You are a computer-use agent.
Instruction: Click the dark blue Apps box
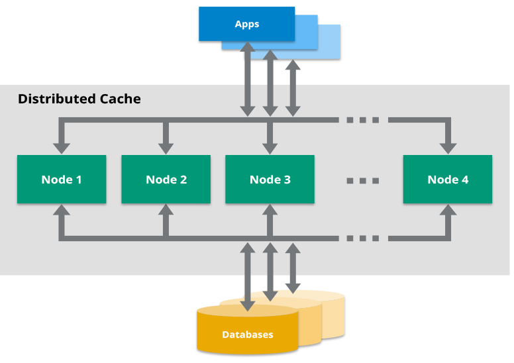[x=246, y=24]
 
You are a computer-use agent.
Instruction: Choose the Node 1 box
[x=61, y=180]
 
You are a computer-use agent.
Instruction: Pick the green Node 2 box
[x=166, y=180]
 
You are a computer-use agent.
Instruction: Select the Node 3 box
[x=270, y=180]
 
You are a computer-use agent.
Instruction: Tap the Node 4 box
[x=448, y=180]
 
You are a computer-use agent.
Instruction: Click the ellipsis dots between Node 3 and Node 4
[x=363, y=180]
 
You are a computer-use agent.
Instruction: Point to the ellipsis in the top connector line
[x=363, y=121]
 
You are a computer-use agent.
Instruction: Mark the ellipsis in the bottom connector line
[x=363, y=238]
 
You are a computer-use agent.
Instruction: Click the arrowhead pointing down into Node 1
[x=61, y=148]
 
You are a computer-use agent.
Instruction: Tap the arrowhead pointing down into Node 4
[x=448, y=148]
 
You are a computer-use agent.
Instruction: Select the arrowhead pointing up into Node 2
[x=166, y=211]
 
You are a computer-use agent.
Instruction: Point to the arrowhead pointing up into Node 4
[x=448, y=211]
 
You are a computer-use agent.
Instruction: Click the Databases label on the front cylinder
[x=247, y=335]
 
